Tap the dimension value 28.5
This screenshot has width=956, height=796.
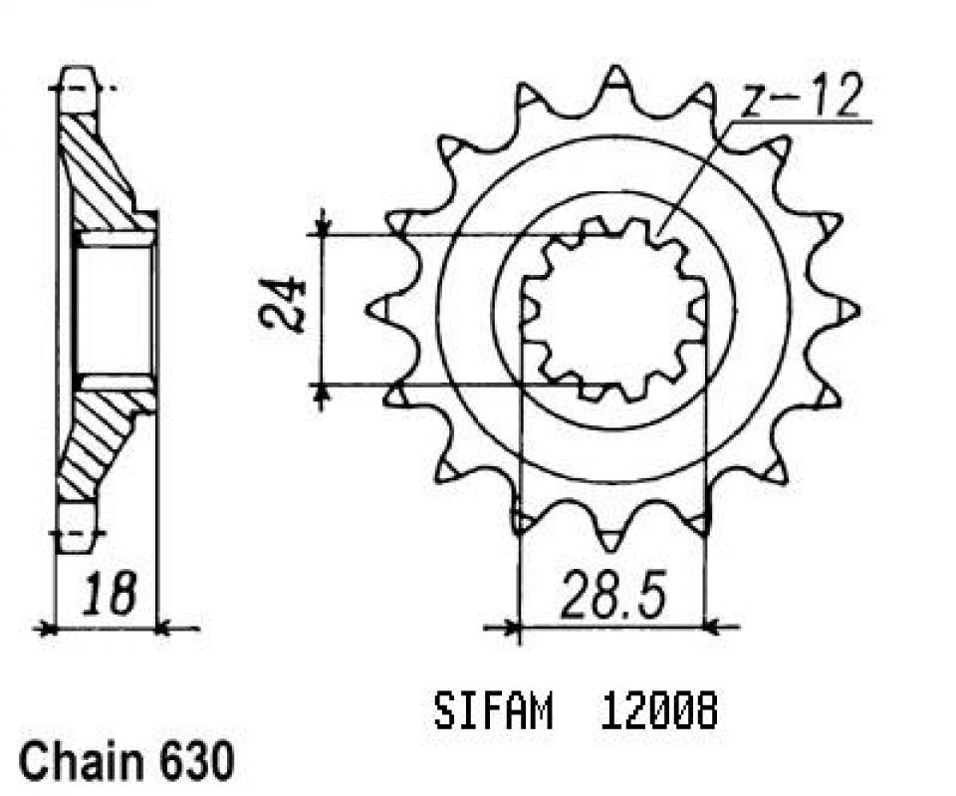(612, 594)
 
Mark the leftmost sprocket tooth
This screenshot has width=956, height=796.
(378, 310)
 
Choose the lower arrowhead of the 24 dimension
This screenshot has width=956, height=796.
(322, 396)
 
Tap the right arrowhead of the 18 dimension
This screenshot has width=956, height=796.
(167, 628)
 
